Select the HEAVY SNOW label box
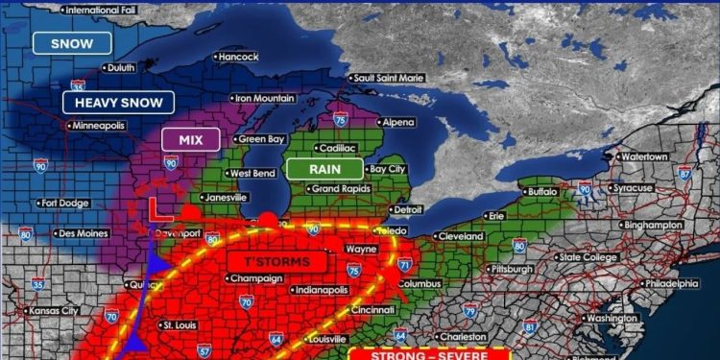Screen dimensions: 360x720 (119, 102)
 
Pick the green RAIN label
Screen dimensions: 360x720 (324, 169)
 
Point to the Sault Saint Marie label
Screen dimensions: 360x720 (394, 78)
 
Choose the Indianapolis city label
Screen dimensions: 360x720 (322, 289)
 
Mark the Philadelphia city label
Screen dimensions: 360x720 (671, 284)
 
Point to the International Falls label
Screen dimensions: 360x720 (100, 10)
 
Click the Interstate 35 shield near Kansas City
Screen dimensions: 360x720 (36, 283)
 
